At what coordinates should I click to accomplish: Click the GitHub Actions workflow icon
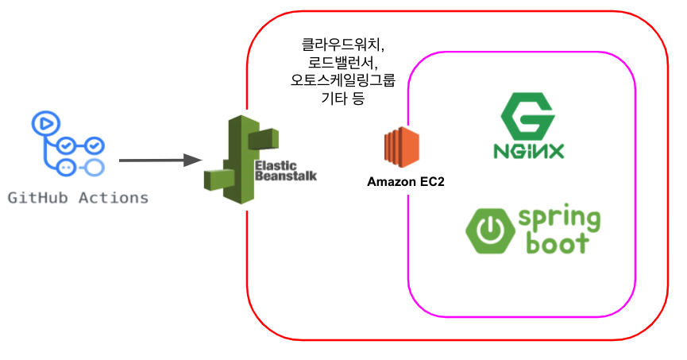(x=68, y=145)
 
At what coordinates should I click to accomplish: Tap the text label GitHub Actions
(x=78, y=197)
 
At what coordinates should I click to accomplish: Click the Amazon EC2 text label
(x=405, y=182)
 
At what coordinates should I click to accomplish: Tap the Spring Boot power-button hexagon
(x=489, y=230)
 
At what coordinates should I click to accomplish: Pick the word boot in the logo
(x=556, y=242)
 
